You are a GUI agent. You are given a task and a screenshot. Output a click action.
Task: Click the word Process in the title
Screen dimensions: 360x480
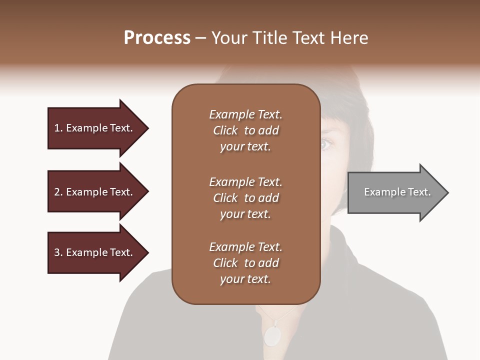coord(157,38)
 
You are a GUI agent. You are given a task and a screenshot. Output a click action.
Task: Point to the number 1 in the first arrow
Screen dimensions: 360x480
coord(57,128)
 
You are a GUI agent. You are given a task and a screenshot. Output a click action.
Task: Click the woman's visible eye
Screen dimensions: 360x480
coord(326,144)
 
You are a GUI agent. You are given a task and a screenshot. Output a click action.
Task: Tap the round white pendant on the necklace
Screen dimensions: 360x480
coord(272,336)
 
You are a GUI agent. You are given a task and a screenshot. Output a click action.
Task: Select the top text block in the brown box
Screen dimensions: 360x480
coord(245,130)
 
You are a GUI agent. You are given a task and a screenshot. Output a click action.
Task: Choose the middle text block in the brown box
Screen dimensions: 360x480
coord(245,198)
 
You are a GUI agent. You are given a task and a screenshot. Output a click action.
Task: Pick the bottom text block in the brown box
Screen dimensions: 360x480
coord(245,263)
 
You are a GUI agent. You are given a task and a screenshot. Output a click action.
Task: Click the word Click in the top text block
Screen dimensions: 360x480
coord(225,130)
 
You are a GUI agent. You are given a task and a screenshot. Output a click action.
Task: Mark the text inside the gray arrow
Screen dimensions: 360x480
coord(397,192)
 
